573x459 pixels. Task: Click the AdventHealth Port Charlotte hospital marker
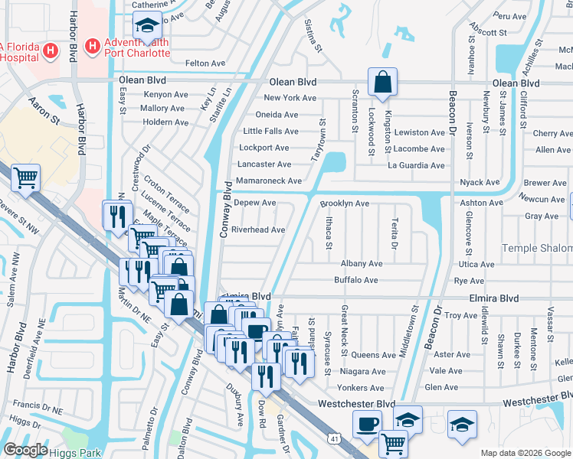(x=93, y=47)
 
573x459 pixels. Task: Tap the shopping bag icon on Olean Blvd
(x=381, y=81)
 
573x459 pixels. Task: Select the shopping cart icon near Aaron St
(x=26, y=177)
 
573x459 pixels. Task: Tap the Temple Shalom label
(x=536, y=248)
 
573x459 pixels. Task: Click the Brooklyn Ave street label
(x=345, y=204)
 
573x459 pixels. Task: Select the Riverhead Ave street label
(x=258, y=229)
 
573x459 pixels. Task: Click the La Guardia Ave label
(x=416, y=165)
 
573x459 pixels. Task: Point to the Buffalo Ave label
(x=356, y=281)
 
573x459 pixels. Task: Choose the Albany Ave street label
(x=361, y=263)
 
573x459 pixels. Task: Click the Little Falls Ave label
(x=270, y=132)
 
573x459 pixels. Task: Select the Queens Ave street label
(x=373, y=355)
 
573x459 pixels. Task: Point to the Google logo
(x=25, y=450)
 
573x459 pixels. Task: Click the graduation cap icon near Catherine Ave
(x=147, y=25)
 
